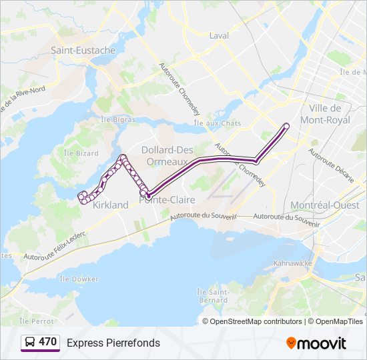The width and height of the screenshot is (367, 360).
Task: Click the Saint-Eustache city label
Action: coord(83,50)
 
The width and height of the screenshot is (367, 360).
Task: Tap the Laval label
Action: coord(219,36)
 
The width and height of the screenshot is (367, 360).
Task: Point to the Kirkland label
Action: coord(111,205)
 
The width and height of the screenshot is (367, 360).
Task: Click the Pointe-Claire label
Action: coord(167,199)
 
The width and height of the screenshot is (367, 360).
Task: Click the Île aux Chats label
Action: coord(208,123)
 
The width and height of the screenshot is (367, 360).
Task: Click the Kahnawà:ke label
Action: coord(293,263)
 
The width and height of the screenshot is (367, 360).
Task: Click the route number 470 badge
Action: coord(47,342)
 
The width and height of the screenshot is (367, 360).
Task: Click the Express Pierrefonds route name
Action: coord(113,343)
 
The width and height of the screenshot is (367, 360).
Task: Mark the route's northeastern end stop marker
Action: coord(287,125)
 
